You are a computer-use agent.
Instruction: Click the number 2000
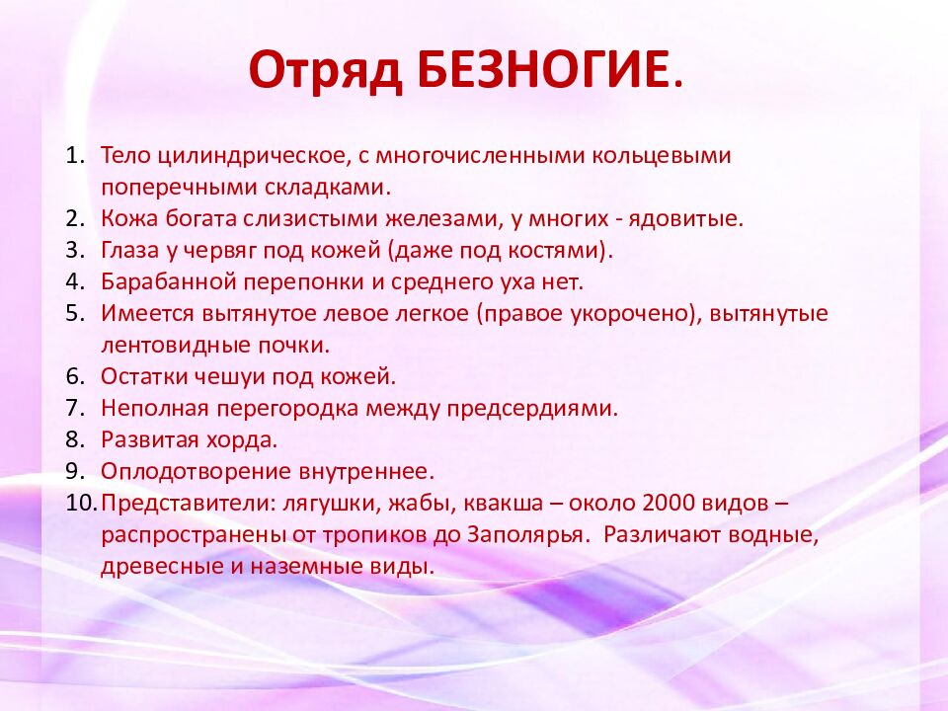click(669, 503)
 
